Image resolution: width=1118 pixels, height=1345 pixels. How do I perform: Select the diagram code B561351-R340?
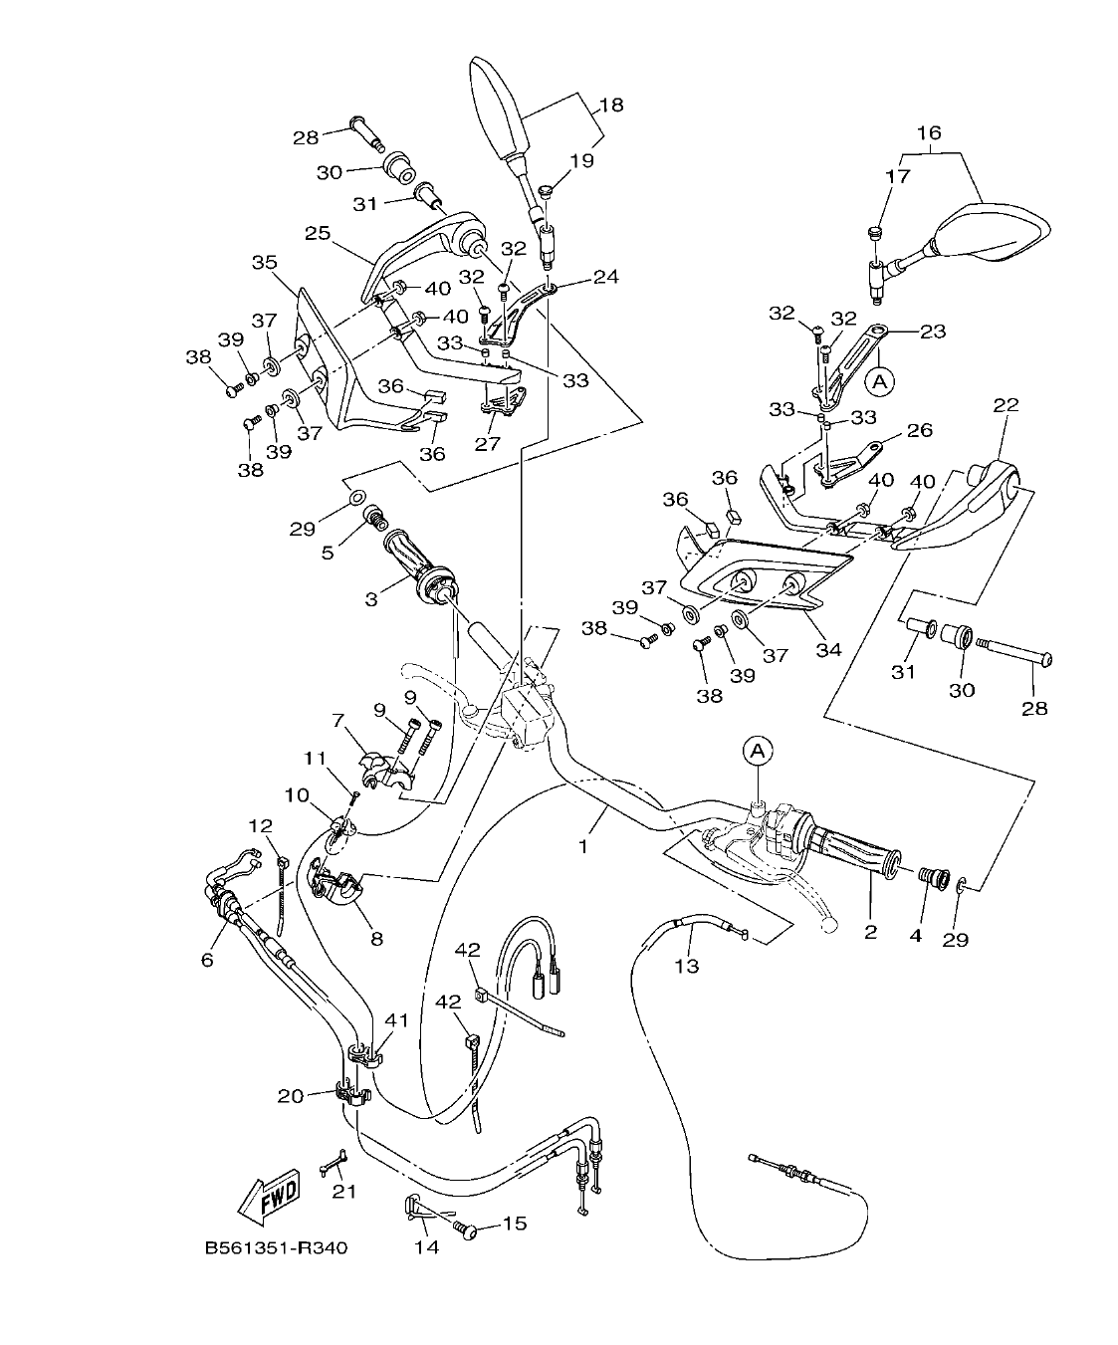tap(276, 1248)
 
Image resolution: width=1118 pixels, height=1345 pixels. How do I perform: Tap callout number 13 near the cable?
tap(687, 965)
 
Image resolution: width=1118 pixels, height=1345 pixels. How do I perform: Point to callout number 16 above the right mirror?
tap(928, 132)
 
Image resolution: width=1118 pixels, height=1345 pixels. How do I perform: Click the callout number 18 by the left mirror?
tap(611, 105)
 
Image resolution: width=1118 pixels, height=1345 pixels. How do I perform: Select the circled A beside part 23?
tap(879, 379)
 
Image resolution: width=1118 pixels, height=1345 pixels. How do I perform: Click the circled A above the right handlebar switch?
tap(757, 751)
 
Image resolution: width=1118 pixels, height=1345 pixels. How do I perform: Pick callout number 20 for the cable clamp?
tap(291, 1096)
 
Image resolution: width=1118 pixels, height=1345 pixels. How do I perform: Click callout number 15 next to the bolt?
tap(515, 1224)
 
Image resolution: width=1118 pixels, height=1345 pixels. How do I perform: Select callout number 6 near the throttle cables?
tap(207, 959)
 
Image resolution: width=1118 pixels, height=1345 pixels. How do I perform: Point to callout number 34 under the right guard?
tap(828, 649)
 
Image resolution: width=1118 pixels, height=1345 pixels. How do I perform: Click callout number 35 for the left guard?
tap(264, 263)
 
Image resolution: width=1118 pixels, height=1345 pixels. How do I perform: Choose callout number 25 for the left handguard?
tap(317, 233)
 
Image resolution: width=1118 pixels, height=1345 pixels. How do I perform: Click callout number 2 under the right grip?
tap(870, 932)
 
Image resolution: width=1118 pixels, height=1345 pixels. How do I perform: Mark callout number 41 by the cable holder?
tap(397, 1019)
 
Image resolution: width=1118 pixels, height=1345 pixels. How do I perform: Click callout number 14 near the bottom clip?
tap(425, 1247)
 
